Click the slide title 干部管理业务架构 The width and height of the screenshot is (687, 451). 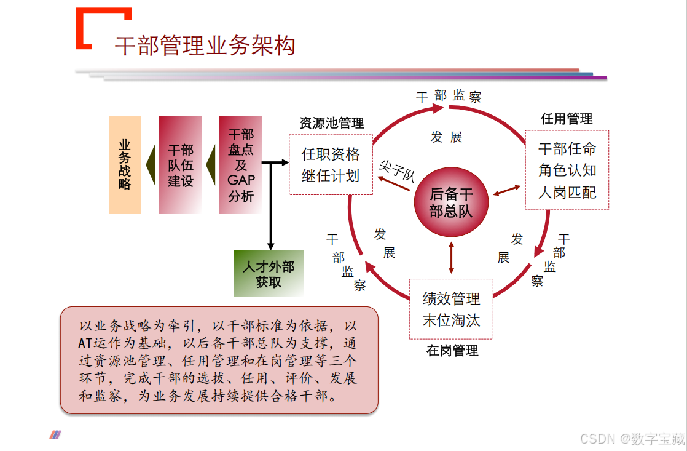pyautogui.click(x=205, y=46)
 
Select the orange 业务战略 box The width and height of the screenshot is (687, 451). pyautogui.click(x=125, y=165)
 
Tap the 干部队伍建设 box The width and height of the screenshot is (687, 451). pyautogui.click(x=180, y=165)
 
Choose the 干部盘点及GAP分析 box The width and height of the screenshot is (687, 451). pyautogui.click(x=240, y=165)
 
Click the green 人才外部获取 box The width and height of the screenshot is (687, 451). pyautogui.click(x=269, y=274)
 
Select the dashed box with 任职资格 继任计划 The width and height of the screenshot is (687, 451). pyautogui.click(x=331, y=165)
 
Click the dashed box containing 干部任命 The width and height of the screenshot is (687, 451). pyautogui.click(x=567, y=170)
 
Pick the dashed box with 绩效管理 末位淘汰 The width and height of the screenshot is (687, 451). pyautogui.click(x=451, y=309)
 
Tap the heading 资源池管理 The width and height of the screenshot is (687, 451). pyautogui.click(x=332, y=123)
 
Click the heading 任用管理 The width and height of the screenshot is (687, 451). pyautogui.click(x=567, y=119)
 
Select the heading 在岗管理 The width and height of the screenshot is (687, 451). pyautogui.click(x=452, y=351)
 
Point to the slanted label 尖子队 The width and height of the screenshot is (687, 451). pyautogui.click(x=397, y=170)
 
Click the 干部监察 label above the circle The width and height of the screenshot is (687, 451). pyautogui.click(x=449, y=96)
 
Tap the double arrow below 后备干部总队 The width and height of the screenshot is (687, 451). pyautogui.click(x=452, y=258)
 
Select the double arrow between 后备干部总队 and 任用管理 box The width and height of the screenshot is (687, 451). pyautogui.click(x=507, y=190)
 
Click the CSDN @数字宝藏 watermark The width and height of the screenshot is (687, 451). pyautogui.click(x=632, y=438)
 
